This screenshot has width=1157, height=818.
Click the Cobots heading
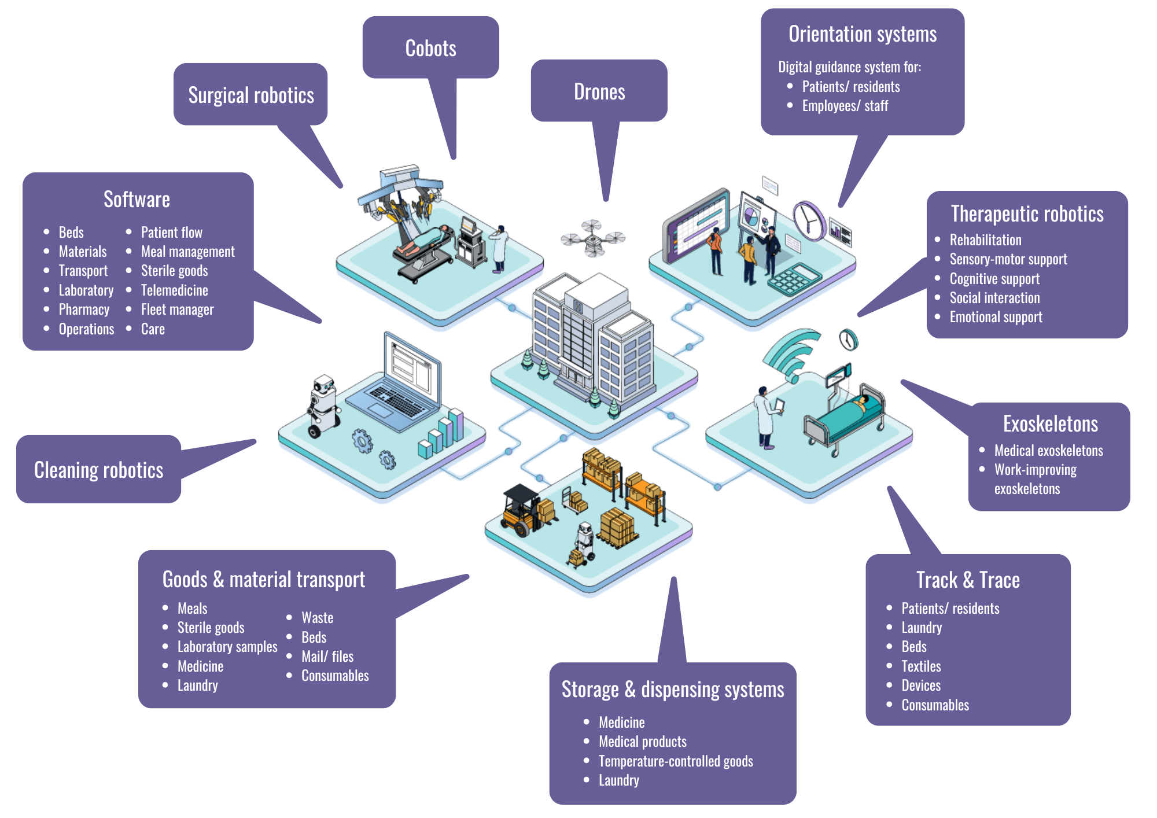click(430, 49)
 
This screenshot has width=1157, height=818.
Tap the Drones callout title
click(599, 92)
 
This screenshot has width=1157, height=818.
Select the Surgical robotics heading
click(251, 95)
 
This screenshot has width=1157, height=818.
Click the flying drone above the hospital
click(593, 238)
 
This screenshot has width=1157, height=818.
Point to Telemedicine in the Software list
click(174, 290)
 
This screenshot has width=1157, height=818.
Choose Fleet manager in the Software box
click(177, 309)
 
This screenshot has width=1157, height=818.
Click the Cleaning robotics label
click(99, 470)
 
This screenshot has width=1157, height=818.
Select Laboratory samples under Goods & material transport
click(227, 647)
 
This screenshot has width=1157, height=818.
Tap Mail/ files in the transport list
click(327, 657)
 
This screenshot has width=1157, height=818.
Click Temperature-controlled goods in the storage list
click(676, 761)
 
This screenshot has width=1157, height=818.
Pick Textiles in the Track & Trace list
click(921, 666)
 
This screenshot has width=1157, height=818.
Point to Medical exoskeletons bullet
click(1048, 451)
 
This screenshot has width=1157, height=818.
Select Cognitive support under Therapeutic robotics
click(994, 279)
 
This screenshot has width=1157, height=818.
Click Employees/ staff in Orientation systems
click(845, 106)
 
